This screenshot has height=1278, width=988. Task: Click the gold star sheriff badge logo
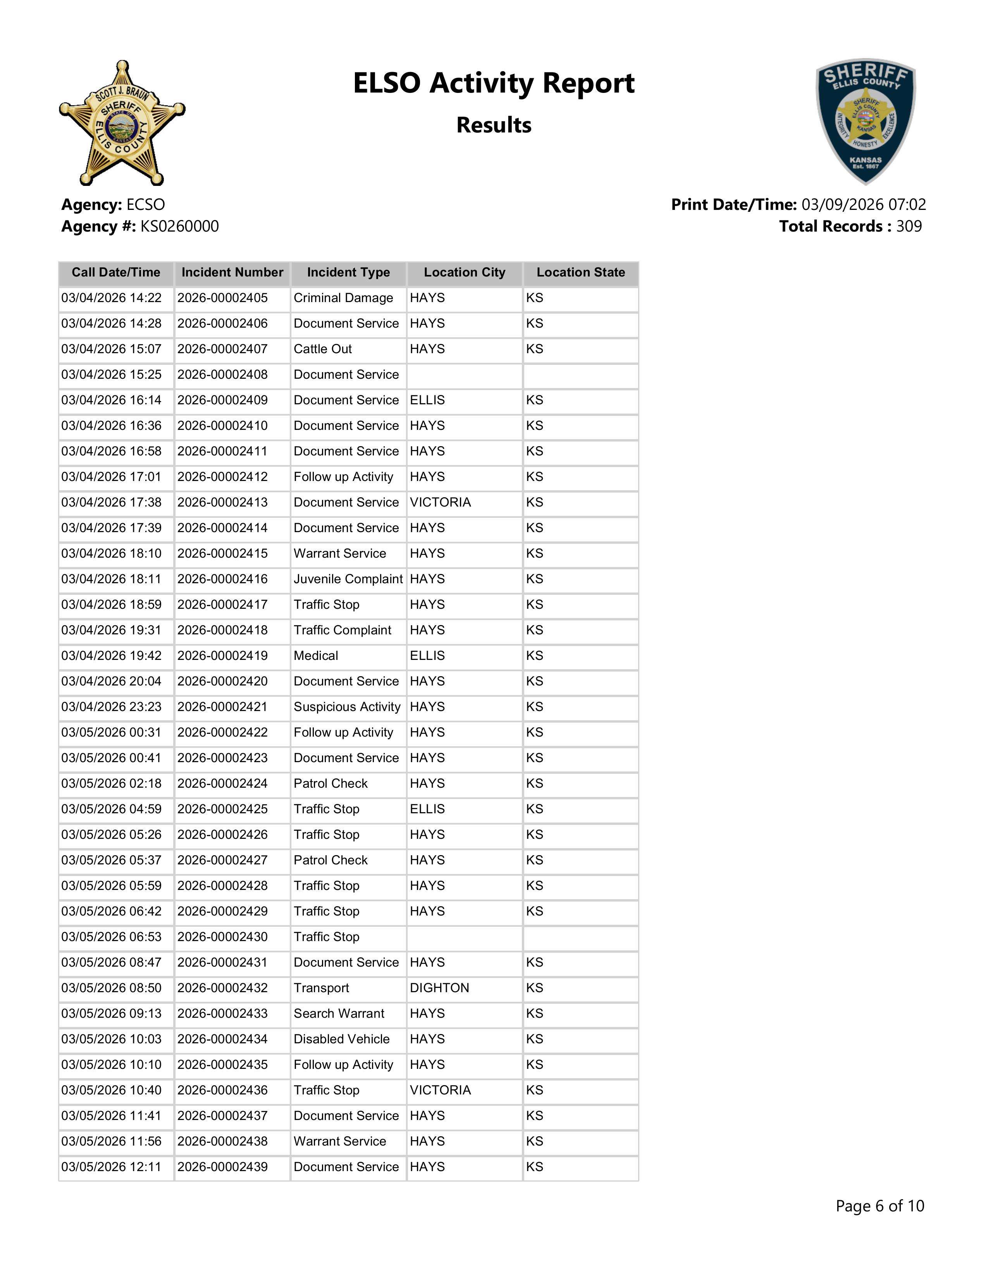pyautogui.click(x=122, y=124)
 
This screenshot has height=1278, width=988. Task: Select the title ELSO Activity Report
pyautogui.click(x=493, y=83)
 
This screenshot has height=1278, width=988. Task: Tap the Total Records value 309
pyautogui.click(x=909, y=227)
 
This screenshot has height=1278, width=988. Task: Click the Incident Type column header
pyautogui.click(x=348, y=273)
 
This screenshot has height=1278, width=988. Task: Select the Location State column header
pyautogui.click(x=581, y=273)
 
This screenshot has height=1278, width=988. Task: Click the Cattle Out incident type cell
pyautogui.click(x=322, y=349)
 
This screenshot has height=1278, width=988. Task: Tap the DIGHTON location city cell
pyautogui.click(x=440, y=988)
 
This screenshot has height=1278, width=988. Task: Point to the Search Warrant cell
pyautogui.click(x=339, y=1013)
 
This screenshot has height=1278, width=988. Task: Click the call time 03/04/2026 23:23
pyautogui.click(x=111, y=707)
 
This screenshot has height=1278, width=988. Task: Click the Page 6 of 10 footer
pyautogui.click(x=880, y=1206)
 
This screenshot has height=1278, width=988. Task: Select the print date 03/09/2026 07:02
pyautogui.click(x=863, y=205)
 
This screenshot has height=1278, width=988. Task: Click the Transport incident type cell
pyautogui.click(x=321, y=988)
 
